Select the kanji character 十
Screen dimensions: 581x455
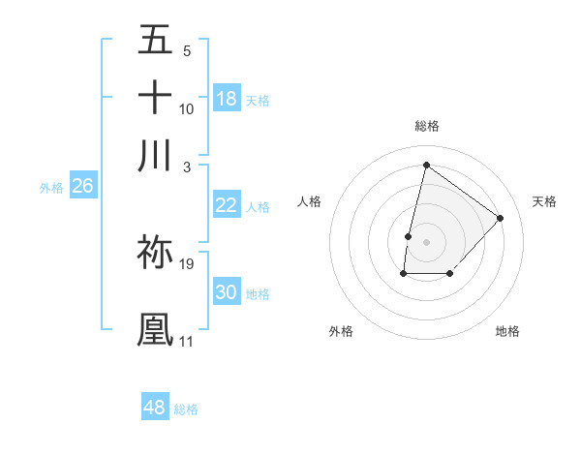click(x=155, y=98)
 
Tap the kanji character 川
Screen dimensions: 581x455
click(x=155, y=155)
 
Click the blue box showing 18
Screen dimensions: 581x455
click(x=227, y=99)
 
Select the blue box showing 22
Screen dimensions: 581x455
click(x=226, y=205)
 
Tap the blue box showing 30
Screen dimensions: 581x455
click(x=226, y=292)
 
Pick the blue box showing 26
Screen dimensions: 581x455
click(x=82, y=186)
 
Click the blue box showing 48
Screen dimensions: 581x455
click(x=155, y=408)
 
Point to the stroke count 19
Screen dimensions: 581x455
click(x=187, y=263)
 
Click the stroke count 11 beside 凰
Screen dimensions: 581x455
click(x=186, y=341)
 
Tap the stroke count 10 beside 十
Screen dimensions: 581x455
click(x=187, y=108)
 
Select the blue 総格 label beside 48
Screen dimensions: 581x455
click(x=186, y=409)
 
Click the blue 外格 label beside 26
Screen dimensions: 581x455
click(x=51, y=188)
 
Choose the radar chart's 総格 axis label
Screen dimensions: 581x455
click(x=426, y=126)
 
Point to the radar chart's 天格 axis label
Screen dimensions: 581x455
click(x=545, y=201)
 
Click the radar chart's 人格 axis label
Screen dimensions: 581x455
click(x=310, y=201)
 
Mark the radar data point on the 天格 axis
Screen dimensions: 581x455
click(x=500, y=218)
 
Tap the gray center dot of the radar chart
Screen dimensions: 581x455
click(x=426, y=240)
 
